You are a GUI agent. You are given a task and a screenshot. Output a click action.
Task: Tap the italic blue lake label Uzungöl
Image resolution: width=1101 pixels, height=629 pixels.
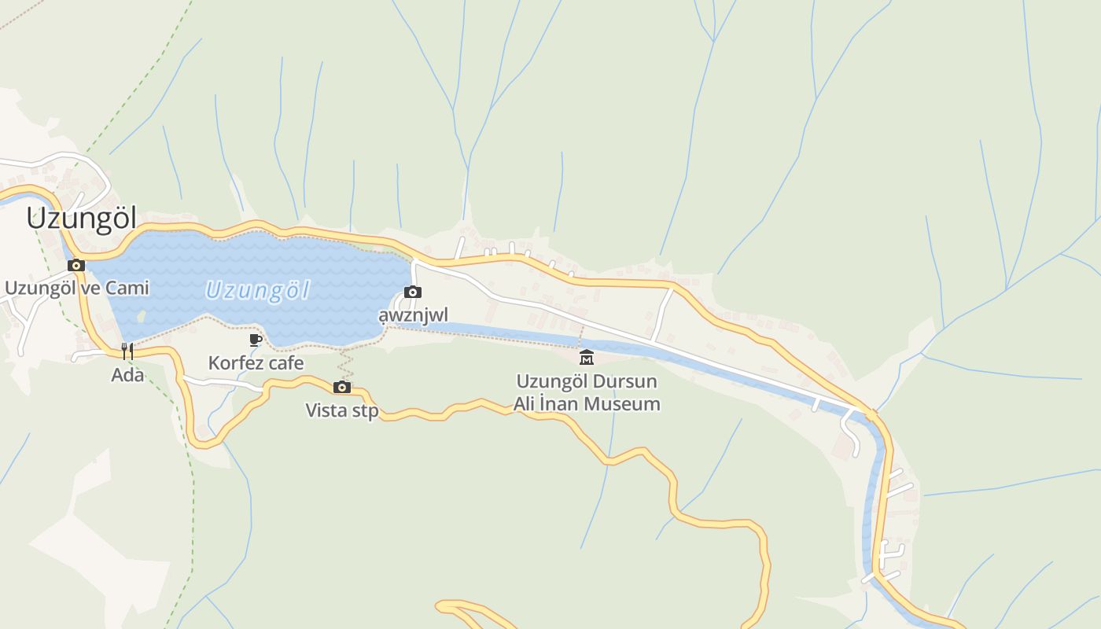257,290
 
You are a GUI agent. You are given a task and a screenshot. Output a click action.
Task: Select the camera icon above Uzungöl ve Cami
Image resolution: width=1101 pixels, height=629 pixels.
76,265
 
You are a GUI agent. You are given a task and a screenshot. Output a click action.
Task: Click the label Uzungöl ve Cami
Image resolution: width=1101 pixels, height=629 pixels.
76,288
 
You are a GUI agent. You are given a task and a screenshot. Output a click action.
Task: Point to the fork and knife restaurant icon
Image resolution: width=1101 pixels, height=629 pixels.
127,350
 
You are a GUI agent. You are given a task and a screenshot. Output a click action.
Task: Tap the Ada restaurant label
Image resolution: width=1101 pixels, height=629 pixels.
127,375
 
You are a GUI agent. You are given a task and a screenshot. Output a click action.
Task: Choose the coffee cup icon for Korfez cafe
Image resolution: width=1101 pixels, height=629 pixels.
255,340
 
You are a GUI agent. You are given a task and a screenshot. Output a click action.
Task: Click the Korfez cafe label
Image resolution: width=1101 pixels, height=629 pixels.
256,362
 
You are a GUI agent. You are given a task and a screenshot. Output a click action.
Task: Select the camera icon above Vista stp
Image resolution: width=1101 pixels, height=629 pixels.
341,387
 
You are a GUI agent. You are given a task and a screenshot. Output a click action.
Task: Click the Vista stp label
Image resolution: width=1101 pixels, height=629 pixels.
342,410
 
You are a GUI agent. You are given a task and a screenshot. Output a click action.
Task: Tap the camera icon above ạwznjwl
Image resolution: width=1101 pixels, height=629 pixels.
413,292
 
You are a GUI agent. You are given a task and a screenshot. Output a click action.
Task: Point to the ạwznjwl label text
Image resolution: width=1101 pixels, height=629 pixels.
413,315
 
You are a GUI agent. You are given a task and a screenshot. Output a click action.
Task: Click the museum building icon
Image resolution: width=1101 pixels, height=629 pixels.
587,359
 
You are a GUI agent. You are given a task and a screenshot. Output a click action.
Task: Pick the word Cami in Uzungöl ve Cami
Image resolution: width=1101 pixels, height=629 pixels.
127,288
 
